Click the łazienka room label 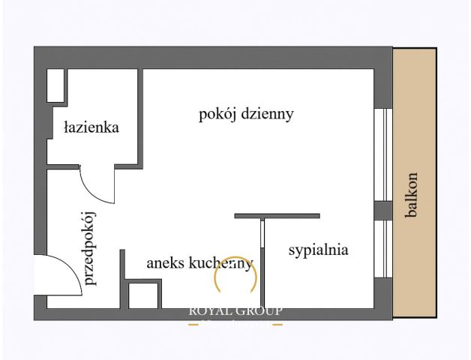coord(91,127)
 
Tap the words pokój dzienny coord(245,115)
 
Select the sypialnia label coord(318,250)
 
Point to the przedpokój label coord(91,248)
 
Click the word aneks coord(165,263)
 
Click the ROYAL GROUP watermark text coord(235,310)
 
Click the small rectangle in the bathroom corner coord(55,85)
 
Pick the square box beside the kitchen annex coord(143,295)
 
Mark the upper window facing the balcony coord(383,154)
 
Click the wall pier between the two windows coord(383,210)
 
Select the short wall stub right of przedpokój coord(122,277)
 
